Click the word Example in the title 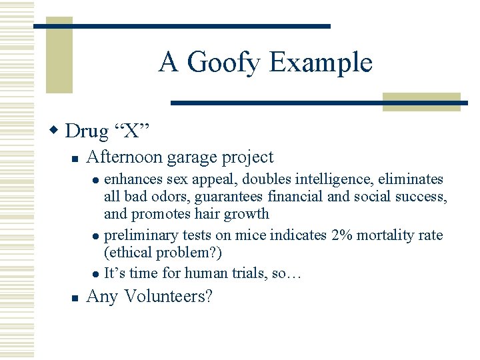pos(321,63)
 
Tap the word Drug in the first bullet pos(87,131)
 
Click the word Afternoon pos(125,157)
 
